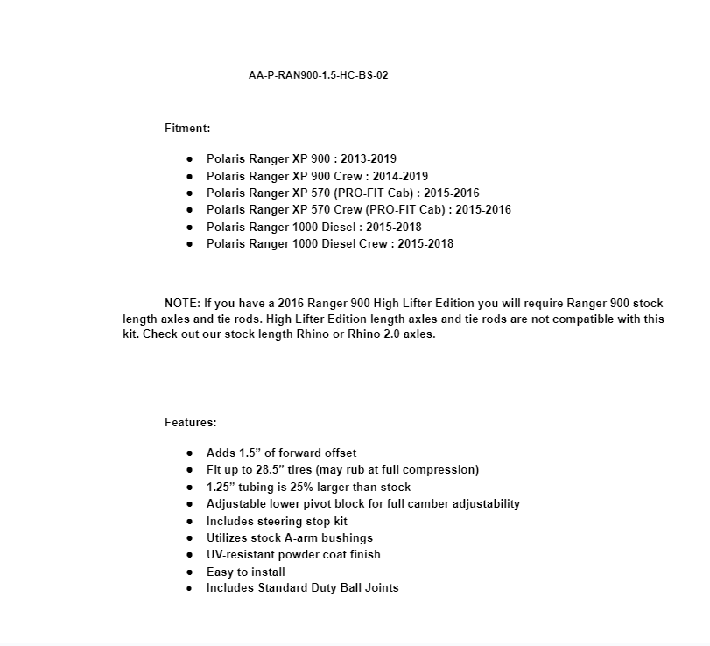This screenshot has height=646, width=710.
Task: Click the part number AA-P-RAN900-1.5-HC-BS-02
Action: [x=318, y=75]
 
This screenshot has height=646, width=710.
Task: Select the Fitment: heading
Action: [x=187, y=128]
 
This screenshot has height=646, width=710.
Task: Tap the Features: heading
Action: [x=190, y=422]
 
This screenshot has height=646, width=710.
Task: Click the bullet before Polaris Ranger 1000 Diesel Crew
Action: [x=190, y=244]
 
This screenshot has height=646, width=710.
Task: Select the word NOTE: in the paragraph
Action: [x=182, y=303]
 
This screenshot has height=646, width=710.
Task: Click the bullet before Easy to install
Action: [x=190, y=572]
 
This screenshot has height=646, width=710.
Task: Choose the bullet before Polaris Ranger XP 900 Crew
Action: [x=190, y=176]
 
